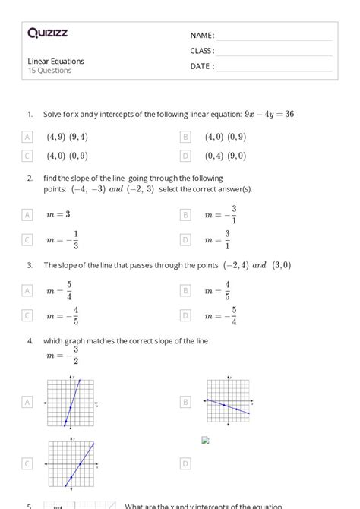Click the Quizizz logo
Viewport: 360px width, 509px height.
47,33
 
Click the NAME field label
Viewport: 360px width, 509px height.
202,36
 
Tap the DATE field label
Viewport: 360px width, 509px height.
202,66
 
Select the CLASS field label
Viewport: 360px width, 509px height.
203,51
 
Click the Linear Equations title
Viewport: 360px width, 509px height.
55,61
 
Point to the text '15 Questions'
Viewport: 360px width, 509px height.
49,71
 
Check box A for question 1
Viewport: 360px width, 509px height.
27,137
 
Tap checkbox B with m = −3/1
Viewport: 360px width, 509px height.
185,215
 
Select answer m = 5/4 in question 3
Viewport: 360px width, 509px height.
62,290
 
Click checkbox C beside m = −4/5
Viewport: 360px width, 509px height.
27,315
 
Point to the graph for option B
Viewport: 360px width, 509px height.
228,401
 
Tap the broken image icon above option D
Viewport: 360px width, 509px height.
205,439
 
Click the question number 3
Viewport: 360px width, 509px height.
30,266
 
